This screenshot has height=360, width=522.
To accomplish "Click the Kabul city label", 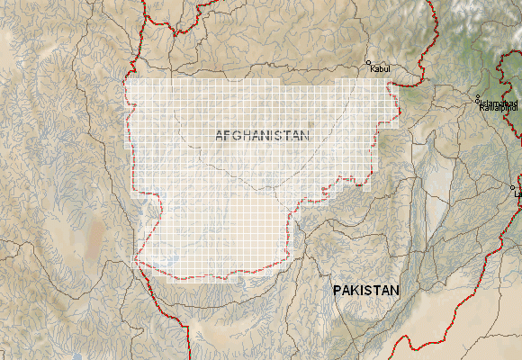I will click(382, 68).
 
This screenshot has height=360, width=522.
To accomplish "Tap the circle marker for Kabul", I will click(368, 64).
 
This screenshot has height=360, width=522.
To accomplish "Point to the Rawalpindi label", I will click(500, 110).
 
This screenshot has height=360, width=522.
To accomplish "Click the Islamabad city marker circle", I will click(479, 98).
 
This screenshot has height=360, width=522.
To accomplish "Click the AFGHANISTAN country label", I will click(262, 135).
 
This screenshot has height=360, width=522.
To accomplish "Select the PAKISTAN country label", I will click(364, 291).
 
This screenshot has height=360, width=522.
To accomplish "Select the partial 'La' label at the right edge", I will click(517, 193).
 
